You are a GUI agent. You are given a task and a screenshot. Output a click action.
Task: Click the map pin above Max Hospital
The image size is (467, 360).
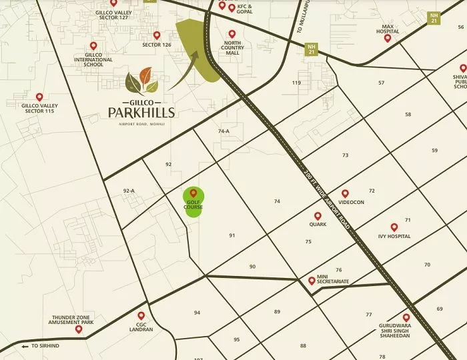[x=387, y=38]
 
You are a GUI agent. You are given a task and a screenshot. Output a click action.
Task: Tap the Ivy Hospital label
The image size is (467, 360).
[x=394, y=237]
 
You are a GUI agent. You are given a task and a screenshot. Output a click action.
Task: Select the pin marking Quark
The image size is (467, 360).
[x=318, y=216]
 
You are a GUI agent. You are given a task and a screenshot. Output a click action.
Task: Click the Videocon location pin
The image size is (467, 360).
[x=345, y=193]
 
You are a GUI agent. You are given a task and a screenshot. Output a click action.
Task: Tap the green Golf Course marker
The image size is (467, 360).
[x=193, y=200]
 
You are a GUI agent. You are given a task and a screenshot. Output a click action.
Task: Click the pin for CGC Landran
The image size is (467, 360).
[x=141, y=315]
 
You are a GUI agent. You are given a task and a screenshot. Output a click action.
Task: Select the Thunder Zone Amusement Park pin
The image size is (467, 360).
[x=79, y=329]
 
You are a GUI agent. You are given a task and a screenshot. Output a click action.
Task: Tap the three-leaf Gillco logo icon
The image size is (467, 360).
[x=142, y=81]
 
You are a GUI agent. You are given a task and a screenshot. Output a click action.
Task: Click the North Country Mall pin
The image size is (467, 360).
[x=232, y=34]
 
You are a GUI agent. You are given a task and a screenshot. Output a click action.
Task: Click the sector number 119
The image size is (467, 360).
[x=297, y=83]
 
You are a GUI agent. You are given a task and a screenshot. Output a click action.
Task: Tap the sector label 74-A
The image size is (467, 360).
[x=223, y=131]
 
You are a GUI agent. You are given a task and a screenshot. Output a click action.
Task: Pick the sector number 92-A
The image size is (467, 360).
[x=129, y=191]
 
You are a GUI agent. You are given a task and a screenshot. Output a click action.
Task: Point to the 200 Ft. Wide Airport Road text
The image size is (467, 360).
[x=326, y=197]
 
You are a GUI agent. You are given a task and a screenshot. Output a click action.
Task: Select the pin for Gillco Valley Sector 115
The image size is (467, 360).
[x=39, y=97]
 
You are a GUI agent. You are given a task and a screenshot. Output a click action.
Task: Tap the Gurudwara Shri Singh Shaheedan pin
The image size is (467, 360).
[x=406, y=317]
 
